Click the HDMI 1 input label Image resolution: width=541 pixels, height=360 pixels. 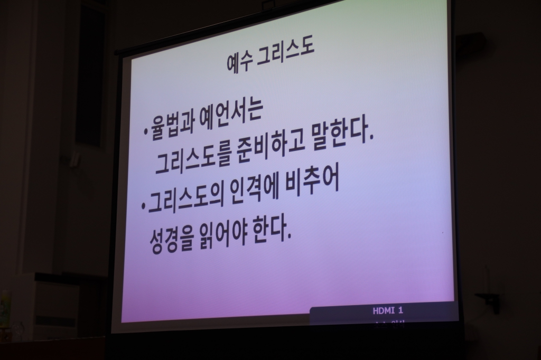point(388,311)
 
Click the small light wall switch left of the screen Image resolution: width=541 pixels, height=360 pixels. point(74,158)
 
